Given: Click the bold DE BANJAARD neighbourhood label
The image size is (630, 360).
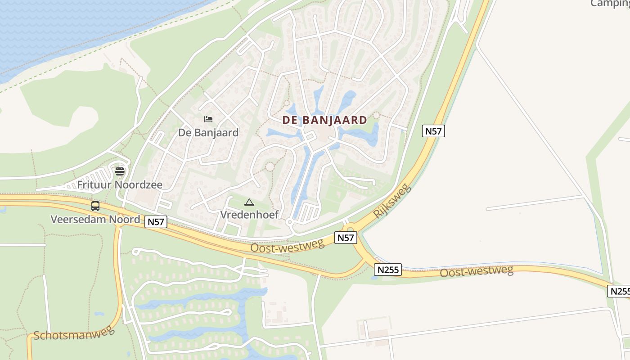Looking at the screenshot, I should coord(324,120).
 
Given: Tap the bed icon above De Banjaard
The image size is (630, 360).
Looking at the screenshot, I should coord(208,119).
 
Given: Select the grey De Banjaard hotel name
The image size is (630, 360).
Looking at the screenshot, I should coord(208,133).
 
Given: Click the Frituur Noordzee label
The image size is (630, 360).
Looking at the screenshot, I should coord(120,184).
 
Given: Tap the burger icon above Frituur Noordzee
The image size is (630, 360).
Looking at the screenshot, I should coord(120,171).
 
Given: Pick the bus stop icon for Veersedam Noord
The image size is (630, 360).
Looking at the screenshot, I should coord(95,206).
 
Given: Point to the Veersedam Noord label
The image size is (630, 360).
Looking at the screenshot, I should coord(95,220).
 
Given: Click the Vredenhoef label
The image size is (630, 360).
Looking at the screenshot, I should coord(249,215).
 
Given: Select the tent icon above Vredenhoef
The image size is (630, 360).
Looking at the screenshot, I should coord(249,202).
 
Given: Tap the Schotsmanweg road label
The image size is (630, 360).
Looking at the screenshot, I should coord(74,333).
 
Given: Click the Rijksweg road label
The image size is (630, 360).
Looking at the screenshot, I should coord(392,201).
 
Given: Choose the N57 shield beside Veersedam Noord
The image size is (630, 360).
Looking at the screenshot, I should coord(156,221).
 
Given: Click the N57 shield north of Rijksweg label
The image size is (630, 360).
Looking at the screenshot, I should coord(433,131).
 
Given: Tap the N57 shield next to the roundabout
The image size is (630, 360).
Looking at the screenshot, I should coord(346,238).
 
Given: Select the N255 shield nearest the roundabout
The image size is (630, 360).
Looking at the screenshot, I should coord(387,270).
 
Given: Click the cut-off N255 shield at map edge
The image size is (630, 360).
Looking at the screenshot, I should coord(619,291).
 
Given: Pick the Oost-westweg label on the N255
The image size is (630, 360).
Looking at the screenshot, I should coord(477,271).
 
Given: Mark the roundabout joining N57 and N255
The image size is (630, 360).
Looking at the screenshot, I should coord(350,230).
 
